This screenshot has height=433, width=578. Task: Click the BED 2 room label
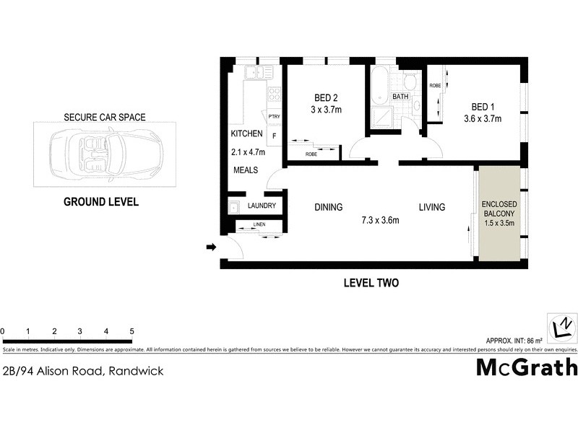tap(327, 98)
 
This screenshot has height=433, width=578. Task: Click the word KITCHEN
tap(246, 134)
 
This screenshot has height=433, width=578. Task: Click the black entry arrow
tap(211, 248)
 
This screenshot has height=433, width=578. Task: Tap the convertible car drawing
tap(106, 153)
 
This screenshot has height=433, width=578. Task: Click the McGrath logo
tap(527, 367)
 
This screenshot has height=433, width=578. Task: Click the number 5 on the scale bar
tap(132, 332)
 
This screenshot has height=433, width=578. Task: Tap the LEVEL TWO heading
tap(371, 284)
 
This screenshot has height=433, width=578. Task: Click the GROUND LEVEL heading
tap(101, 202)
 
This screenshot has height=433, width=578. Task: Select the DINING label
tap(328, 207)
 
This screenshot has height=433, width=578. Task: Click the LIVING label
tap(432, 207)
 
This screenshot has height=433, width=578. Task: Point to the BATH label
tap(400, 97)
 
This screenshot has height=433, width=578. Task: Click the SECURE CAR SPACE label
tap(105, 117)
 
